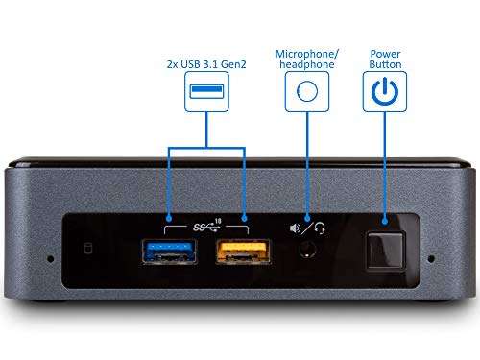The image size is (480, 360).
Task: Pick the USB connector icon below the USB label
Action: point(206,92)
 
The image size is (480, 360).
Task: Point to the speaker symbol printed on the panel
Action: point(294,228)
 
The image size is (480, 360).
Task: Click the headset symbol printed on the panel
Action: point(320,228)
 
